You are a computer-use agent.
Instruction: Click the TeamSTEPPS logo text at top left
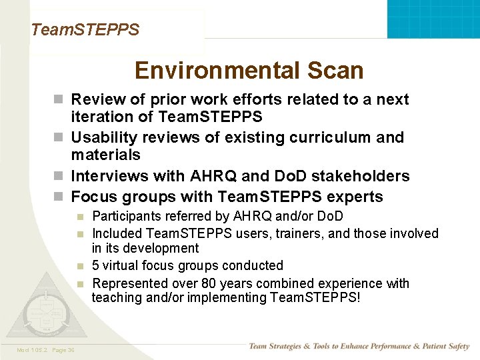click(x=85, y=30)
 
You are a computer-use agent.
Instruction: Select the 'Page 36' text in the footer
click(x=62, y=350)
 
